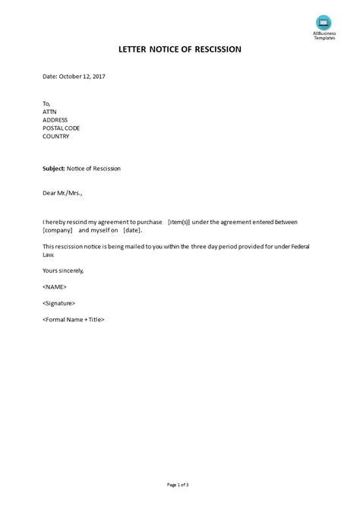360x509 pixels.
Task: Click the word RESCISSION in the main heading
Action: point(216,49)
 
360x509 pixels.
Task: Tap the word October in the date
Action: point(68,77)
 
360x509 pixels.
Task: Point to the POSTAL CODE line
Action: point(62,128)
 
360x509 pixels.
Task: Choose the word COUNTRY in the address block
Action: point(56,138)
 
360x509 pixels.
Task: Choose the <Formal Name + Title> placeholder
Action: point(74,319)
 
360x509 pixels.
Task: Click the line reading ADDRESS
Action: point(56,119)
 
